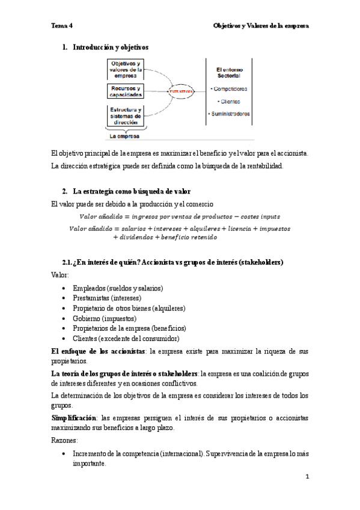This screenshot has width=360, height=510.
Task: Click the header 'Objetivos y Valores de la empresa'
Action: coord(261,26)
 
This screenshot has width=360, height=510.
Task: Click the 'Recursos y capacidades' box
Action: coord(126,91)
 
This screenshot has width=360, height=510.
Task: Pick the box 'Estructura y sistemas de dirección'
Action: coord(126,115)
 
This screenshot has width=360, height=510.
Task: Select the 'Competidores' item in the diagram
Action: coord(229,88)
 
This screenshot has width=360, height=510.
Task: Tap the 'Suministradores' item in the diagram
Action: coord(229,114)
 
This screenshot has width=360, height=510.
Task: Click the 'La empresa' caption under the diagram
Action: coord(125,136)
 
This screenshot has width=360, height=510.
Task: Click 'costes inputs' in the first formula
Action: coord(257,216)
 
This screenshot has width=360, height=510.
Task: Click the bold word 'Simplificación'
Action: coord(74,417)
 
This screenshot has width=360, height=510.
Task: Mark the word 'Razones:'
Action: coord(66,440)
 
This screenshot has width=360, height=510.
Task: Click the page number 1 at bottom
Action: coord(307,476)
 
